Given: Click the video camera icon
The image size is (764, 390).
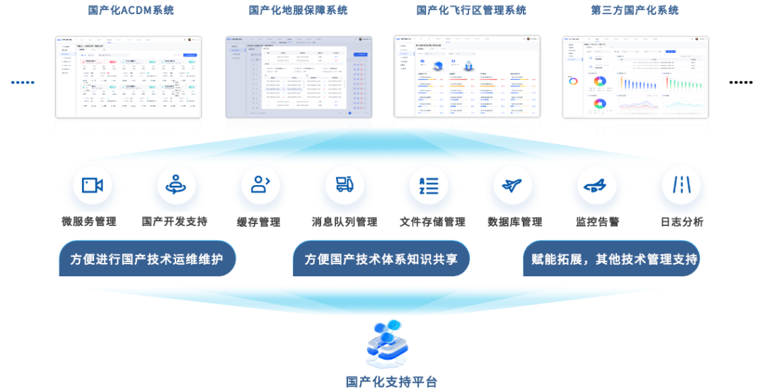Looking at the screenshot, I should (93, 186).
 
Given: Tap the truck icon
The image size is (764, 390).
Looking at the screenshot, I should (345, 186).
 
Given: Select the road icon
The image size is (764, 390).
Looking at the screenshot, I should (681, 186).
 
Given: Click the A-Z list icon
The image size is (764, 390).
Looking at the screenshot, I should (429, 186).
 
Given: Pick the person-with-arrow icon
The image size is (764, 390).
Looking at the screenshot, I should (260, 186).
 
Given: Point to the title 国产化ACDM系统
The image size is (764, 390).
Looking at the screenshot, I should (131, 10).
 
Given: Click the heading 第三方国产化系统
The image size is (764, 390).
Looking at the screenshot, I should (635, 10).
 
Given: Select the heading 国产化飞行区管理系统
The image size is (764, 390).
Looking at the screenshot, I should (470, 10).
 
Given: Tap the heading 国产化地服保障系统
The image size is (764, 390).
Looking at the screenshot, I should (298, 10).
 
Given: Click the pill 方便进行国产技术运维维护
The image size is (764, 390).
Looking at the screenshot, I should (146, 259).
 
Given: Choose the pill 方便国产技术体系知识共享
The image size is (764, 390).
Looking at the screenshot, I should (381, 259).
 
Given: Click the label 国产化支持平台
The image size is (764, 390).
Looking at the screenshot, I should (392, 382).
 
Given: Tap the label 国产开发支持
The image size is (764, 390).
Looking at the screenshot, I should (175, 222).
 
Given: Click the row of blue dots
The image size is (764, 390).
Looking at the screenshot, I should (23, 82).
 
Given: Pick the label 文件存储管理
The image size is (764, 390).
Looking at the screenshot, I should (432, 222).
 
